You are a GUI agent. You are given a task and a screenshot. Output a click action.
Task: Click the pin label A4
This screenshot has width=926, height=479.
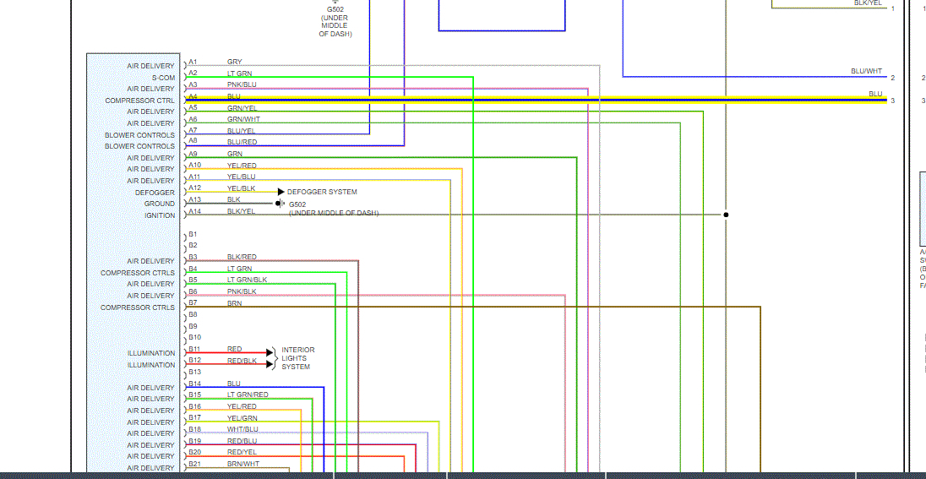[x=193, y=96]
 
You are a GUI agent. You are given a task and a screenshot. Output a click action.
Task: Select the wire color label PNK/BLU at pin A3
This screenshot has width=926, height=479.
[x=242, y=84]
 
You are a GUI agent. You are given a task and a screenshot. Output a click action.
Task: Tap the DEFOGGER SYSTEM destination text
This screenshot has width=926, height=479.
[x=322, y=192]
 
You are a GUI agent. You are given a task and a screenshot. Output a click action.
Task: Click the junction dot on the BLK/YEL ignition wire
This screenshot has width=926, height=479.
[x=726, y=215]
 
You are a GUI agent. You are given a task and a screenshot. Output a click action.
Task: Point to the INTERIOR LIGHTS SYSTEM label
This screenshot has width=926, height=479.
[x=297, y=358]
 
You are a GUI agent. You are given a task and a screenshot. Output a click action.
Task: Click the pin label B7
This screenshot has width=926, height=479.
[x=193, y=302]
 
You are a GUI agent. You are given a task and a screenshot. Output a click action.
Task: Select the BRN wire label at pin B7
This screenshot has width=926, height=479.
[x=234, y=302]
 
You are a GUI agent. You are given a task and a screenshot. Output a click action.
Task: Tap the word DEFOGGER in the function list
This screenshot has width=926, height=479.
[x=155, y=193]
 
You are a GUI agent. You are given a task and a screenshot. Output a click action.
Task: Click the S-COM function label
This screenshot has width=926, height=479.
[x=163, y=78]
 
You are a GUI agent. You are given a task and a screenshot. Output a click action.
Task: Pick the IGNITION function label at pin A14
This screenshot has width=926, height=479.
[x=160, y=215]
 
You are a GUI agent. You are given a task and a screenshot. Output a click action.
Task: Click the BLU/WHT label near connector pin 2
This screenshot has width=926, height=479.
[x=866, y=72]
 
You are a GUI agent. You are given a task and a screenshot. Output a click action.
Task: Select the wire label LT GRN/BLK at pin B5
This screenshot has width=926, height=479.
[x=247, y=280]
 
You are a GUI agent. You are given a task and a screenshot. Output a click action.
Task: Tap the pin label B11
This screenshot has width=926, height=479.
[x=194, y=349]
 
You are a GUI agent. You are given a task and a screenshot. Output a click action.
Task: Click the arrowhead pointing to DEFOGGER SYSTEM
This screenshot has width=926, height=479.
[x=281, y=192]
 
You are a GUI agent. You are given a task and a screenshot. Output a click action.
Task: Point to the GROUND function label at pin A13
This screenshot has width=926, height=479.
[x=159, y=204]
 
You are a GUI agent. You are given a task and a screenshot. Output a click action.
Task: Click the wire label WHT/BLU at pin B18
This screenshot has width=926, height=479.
[x=242, y=429]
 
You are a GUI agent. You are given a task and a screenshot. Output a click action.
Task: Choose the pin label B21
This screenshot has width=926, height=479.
[x=194, y=464]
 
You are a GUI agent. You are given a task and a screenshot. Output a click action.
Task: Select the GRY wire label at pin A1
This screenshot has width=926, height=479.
[x=234, y=62]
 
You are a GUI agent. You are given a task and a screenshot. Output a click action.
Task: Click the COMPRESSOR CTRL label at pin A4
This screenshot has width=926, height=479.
[x=139, y=101]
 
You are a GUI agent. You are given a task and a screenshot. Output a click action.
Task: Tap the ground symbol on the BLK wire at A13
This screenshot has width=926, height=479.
[x=279, y=204]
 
